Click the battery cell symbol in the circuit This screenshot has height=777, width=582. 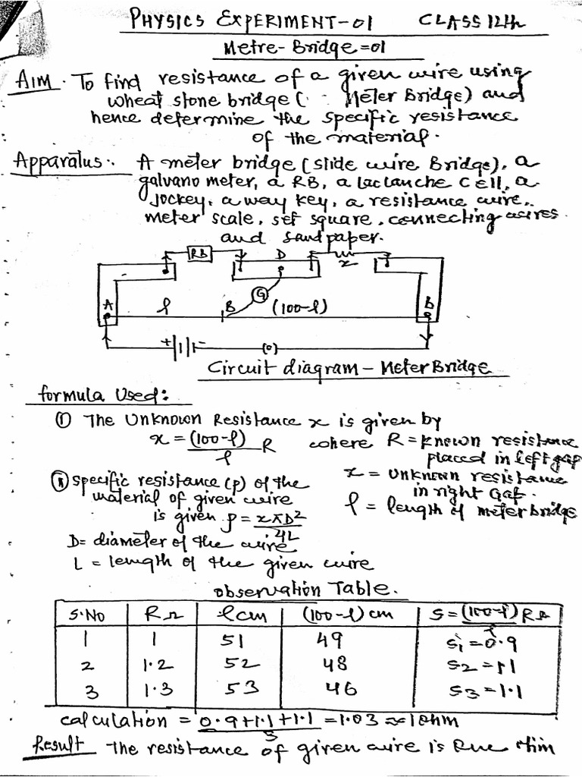(x=183, y=348)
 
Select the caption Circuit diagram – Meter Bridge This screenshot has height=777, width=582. (x=349, y=370)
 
